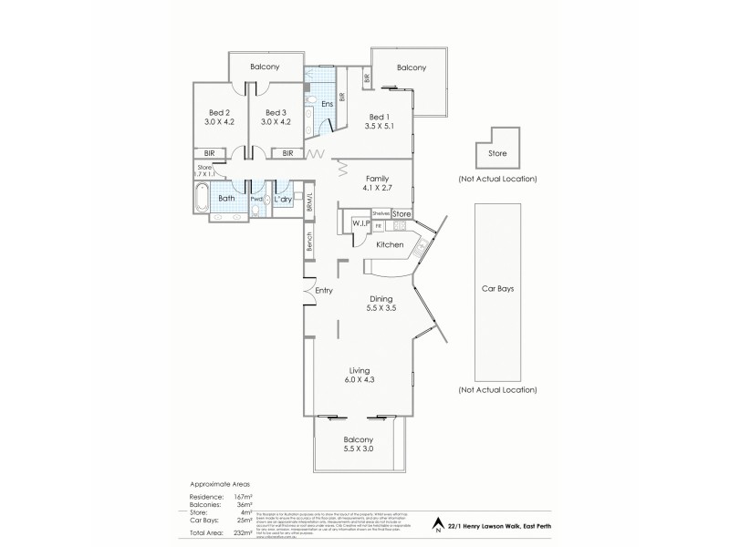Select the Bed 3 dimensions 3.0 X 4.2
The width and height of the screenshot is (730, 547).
(275, 120)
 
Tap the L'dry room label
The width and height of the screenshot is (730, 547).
(283, 199)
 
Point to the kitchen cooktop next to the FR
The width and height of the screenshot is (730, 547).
(399, 226)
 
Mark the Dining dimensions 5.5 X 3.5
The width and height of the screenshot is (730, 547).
(381, 308)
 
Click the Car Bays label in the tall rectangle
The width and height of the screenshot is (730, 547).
(497, 287)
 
